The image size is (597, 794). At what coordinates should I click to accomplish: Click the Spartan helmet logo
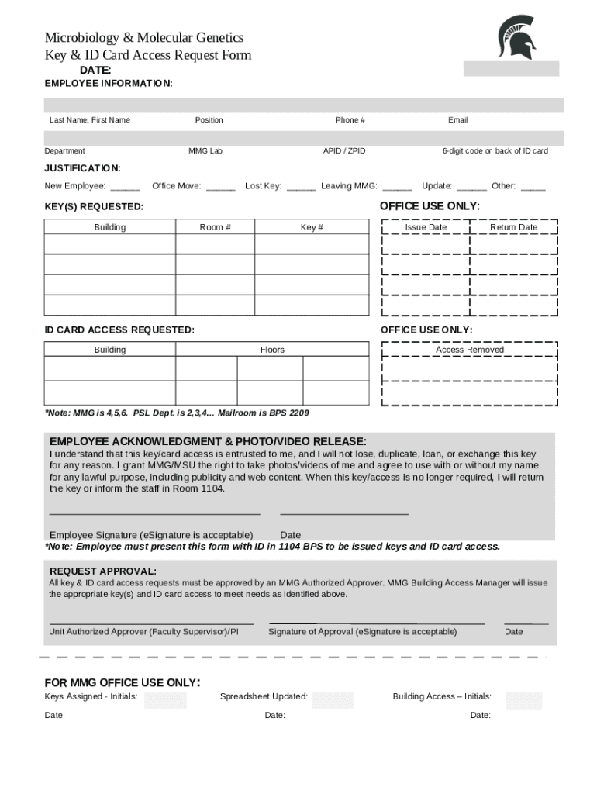[516, 37]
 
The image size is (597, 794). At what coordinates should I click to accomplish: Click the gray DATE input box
[511, 69]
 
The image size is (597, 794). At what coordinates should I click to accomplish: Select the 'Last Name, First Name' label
[90, 120]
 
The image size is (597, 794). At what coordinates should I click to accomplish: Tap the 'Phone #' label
[350, 120]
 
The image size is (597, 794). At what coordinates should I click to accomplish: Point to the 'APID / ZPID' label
[344, 151]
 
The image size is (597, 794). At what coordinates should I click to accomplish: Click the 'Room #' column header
[216, 227]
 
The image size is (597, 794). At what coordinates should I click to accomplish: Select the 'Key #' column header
[312, 227]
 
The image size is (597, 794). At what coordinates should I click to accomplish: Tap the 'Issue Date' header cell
[426, 227]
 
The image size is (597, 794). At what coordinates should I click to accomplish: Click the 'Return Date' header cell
[513, 227]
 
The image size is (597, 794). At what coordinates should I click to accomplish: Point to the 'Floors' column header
[272, 350]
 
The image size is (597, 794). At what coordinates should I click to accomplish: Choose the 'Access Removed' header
[470, 350]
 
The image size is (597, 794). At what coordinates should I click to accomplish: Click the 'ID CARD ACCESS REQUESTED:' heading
[119, 330]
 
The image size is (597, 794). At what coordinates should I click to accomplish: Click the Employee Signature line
[154, 513]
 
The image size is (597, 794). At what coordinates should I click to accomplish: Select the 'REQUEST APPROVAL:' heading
[102, 571]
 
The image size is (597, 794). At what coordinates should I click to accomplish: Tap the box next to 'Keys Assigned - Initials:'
[165, 700]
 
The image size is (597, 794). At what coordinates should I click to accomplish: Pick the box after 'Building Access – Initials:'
[523, 700]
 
